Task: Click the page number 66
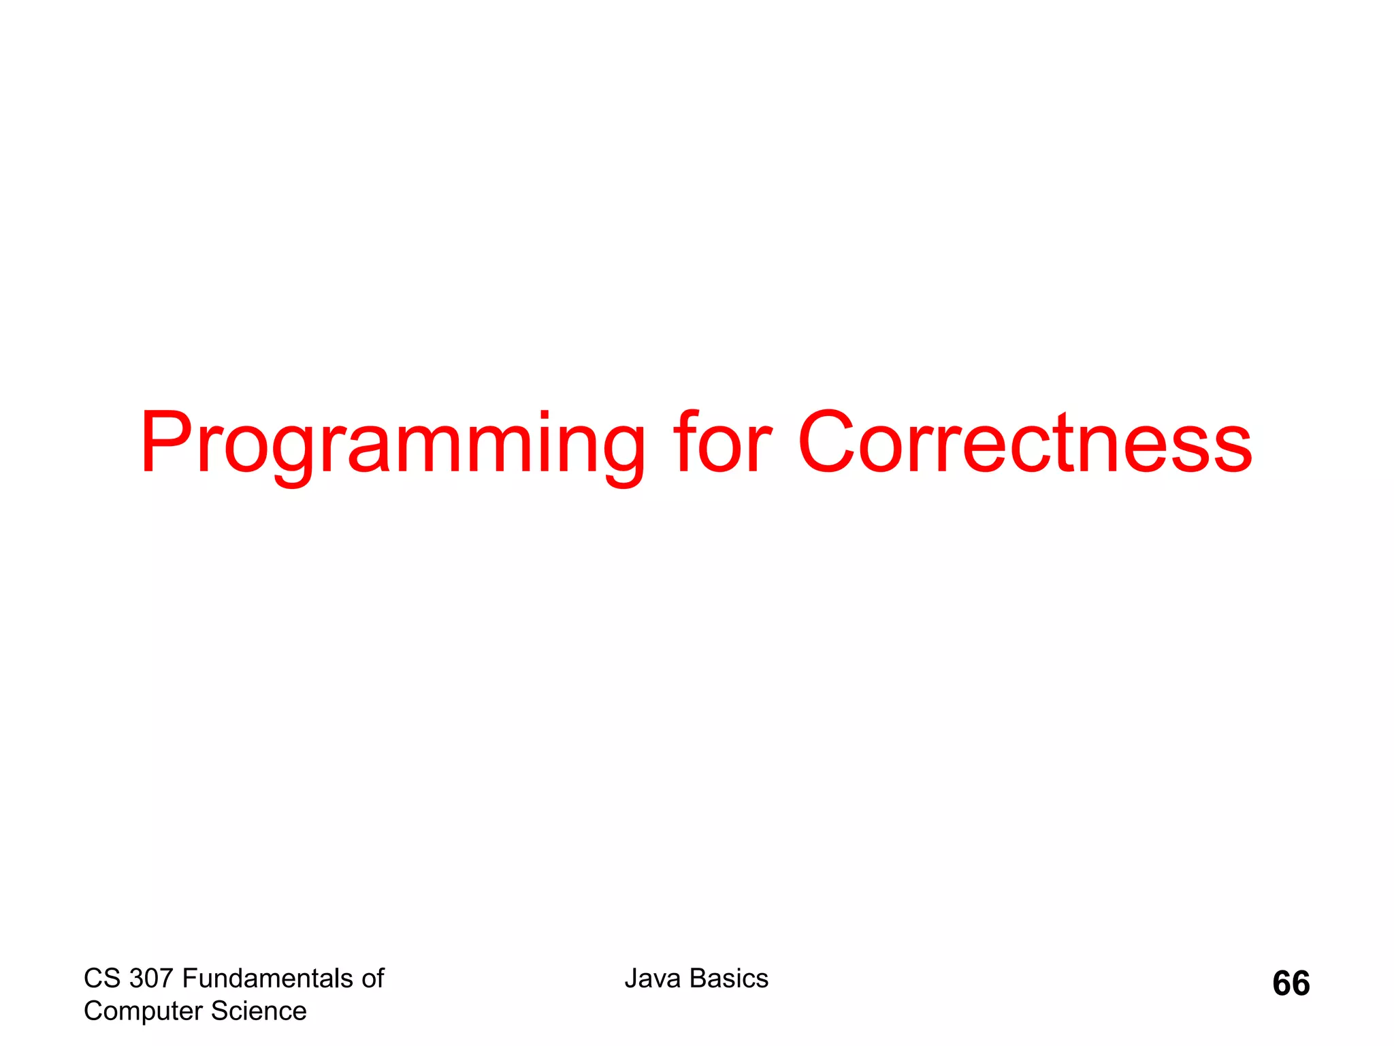[x=1291, y=984]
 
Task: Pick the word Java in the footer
[x=653, y=979]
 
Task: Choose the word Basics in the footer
[x=728, y=979]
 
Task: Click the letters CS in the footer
[x=102, y=979]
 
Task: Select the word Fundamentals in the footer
[x=268, y=979]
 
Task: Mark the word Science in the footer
[x=259, y=1011]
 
